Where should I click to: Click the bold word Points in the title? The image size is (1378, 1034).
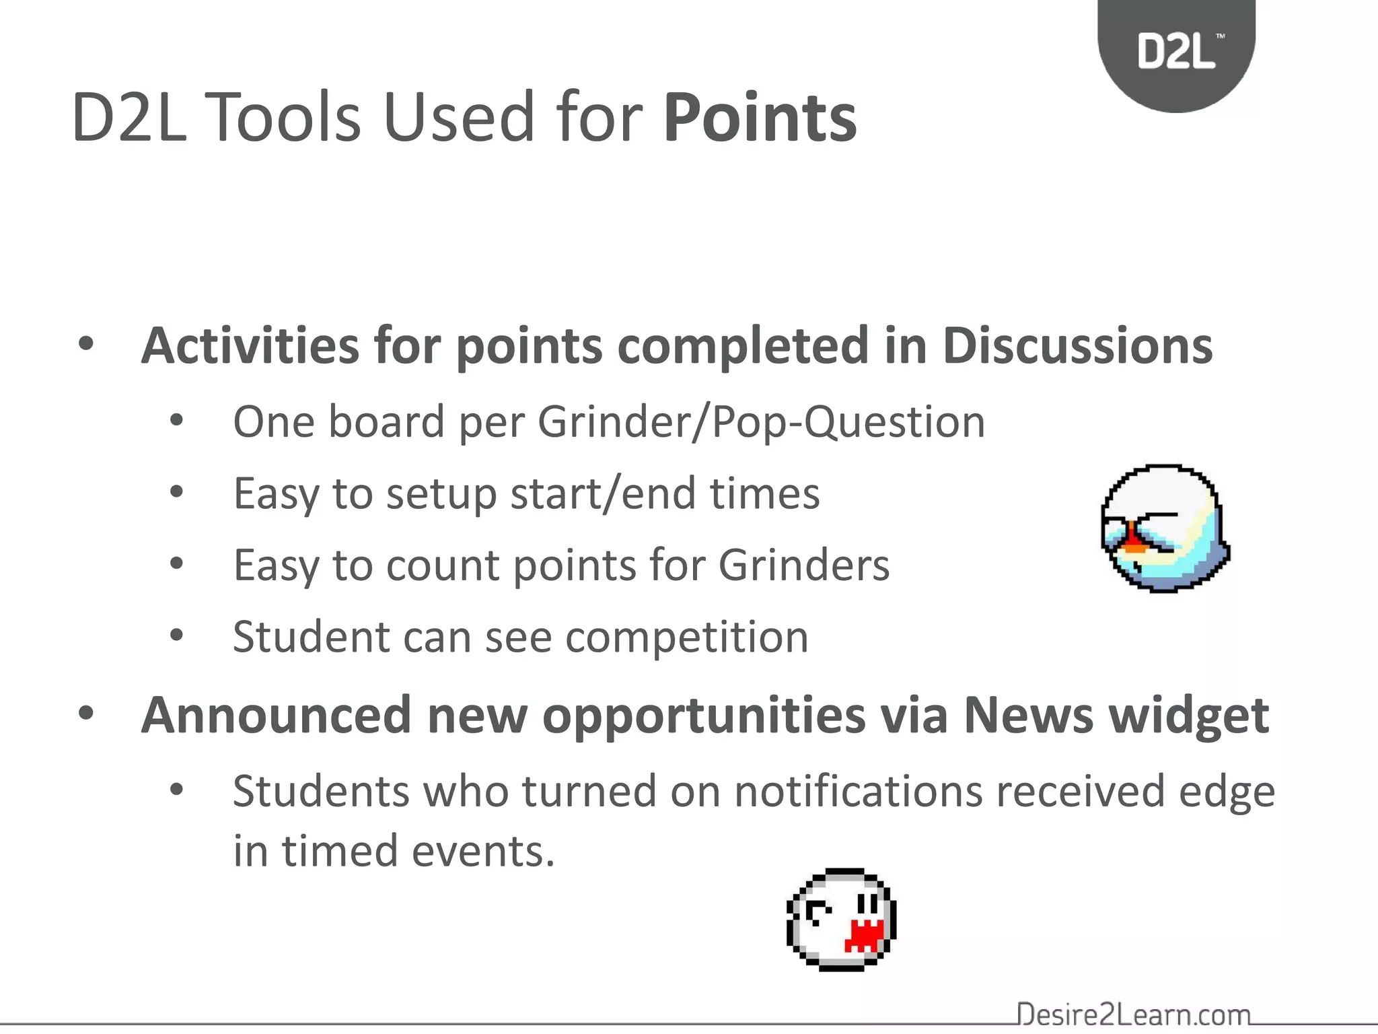(x=760, y=118)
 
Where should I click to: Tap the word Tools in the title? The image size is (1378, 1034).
(x=283, y=118)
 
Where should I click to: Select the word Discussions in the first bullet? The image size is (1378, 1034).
(x=1077, y=346)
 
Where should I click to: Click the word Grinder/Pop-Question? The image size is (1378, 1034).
(x=760, y=423)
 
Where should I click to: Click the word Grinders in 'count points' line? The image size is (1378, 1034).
(x=803, y=565)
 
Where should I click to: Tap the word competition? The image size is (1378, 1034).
(x=686, y=637)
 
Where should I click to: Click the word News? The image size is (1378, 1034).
(x=1028, y=715)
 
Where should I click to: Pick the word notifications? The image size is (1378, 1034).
(x=859, y=792)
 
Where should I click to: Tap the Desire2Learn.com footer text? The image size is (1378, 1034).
(x=1133, y=1014)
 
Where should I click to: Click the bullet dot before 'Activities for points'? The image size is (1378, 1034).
(x=86, y=345)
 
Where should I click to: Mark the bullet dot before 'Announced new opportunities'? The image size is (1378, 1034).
(x=86, y=714)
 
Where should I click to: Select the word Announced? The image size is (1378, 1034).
(x=276, y=715)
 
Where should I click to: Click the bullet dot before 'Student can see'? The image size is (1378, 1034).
(x=176, y=635)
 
